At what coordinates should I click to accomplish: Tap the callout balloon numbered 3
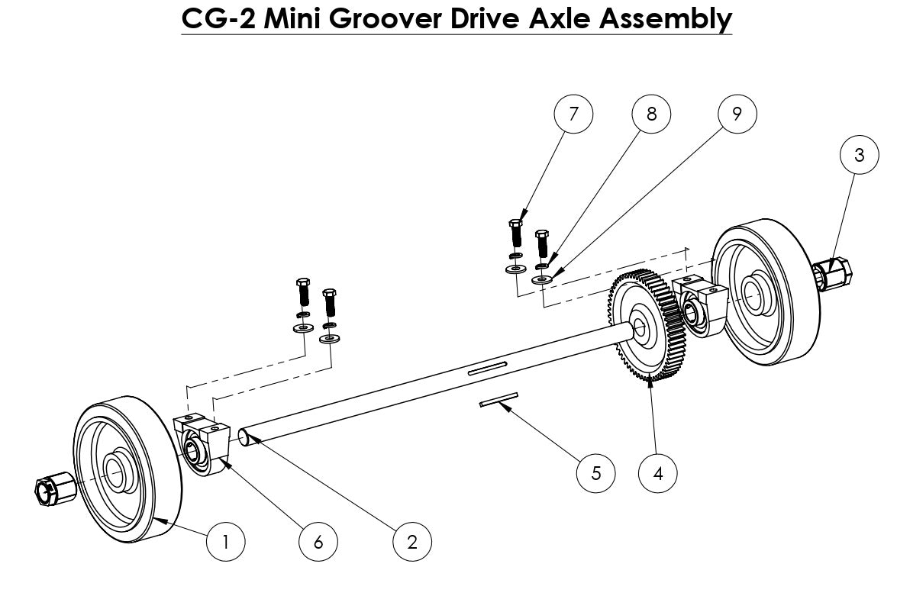click(859, 155)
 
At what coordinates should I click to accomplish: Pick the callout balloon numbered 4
click(657, 472)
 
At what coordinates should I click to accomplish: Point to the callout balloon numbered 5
click(595, 472)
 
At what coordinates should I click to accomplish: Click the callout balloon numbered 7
click(573, 114)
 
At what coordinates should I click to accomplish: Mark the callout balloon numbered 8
click(651, 114)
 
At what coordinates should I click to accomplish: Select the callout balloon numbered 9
click(737, 114)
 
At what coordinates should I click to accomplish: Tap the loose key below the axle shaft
click(499, 399)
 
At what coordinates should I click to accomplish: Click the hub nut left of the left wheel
click(54, 488)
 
